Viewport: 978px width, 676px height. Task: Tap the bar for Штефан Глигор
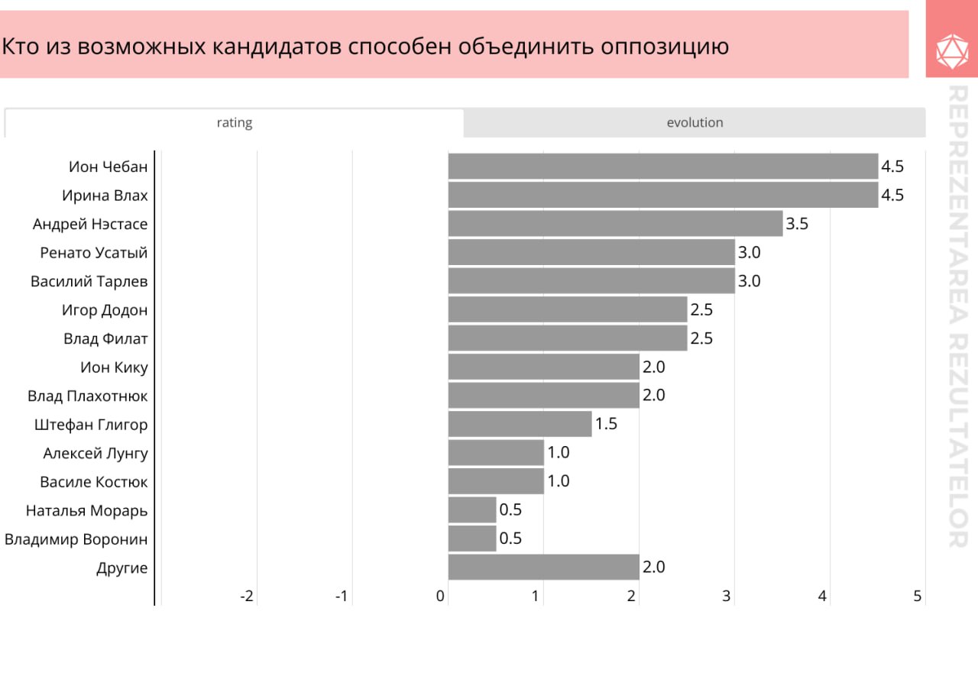tap(520, 424)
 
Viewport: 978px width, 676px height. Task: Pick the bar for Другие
tap(543, 568)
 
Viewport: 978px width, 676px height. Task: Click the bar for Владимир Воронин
tap(472, 539)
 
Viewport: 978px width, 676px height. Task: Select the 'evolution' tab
tap(695, 123)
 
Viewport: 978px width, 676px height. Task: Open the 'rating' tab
tap(234, 123)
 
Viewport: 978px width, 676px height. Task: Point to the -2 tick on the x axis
tap(247, 597)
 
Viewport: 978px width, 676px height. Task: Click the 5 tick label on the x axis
tap(918, 597)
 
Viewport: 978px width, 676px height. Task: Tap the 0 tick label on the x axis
tap(441, 597)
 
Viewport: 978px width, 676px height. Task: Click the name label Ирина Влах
tap(105, 196)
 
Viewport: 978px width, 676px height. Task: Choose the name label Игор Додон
tap(105, 310)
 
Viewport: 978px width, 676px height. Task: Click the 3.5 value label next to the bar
tap(797, 224)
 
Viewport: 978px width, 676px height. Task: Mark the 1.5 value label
tap(606, 424)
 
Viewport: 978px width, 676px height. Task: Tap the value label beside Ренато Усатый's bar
tap(749, 253)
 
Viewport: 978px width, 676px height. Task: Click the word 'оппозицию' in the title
tap(665, 47)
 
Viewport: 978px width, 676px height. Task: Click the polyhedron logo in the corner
tap(951, 50)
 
